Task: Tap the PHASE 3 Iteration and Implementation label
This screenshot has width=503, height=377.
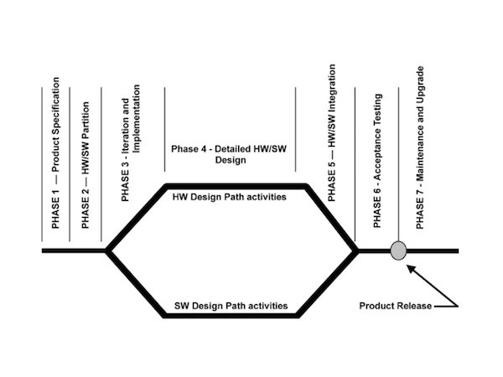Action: [131, 142]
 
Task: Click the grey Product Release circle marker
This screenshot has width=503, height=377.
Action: [399, 250]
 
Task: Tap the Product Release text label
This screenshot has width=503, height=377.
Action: [395, 306]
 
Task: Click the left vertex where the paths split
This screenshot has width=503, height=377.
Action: [106, 250]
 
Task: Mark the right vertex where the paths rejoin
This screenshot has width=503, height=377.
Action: [359, 250]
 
